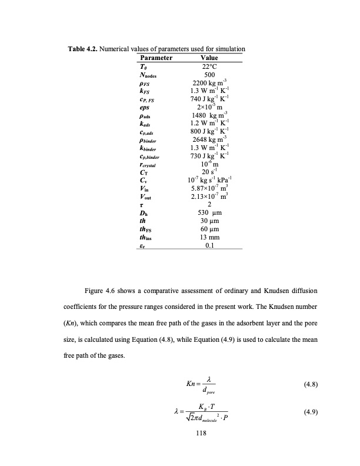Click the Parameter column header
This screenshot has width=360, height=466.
click(x=155, y=59)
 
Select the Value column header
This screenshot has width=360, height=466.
click(x=209, y=59)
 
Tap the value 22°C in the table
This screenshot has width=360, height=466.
click(x=209, y=67)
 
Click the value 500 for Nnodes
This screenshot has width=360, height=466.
click(x=209, y=75)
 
